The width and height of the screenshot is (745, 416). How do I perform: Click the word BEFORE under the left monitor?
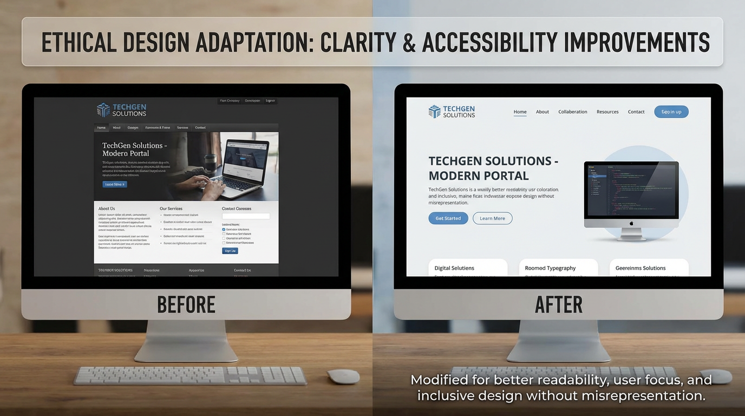tap(186, 305)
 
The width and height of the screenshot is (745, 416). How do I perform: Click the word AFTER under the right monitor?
tap(558, 305)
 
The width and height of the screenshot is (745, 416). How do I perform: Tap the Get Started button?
tap(448, 218)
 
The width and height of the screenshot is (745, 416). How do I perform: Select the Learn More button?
tap(492, 218)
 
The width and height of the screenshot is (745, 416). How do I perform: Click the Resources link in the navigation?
tap(607, 112)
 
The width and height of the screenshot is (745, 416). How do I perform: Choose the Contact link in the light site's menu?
tap(636, 112)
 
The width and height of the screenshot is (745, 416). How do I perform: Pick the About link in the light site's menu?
tap(543, 112)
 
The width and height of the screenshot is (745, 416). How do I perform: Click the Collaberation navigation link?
tap(573, 112)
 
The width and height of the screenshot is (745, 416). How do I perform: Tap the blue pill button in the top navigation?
tap(671, 112)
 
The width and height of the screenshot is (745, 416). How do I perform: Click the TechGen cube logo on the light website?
tap(435, 112)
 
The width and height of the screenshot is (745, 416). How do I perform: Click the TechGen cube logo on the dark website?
tap(103, 110)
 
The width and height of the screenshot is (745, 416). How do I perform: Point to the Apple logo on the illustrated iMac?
tap(631, 223)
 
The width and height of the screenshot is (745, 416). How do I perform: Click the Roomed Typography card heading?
tap(550, 268)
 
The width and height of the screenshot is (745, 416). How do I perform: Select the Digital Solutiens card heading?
tap(454, 268)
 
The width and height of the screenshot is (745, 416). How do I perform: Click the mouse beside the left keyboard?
tap(343, 376)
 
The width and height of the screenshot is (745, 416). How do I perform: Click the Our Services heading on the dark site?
tap(171, 209)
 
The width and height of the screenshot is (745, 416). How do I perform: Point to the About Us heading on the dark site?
tap(107, 209)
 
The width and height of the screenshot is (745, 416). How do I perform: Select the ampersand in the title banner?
tap(410, 42)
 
